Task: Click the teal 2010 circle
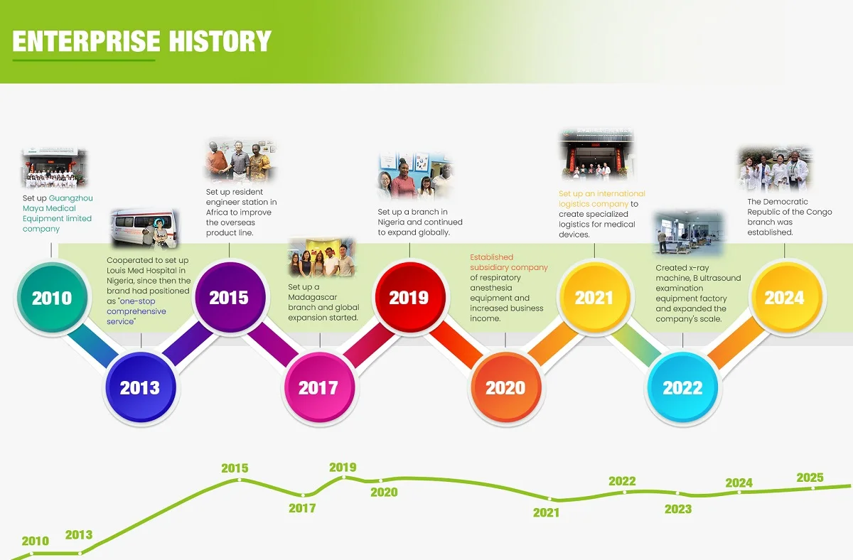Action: point(52,297)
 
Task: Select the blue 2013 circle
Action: point(141,387)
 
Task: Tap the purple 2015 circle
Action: point(230,297)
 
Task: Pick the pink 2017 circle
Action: point(319,387)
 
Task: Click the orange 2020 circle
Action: point(506,387)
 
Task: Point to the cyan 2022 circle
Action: point(683,387)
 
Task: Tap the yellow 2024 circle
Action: point(786,297)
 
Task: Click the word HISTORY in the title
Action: point(220,41)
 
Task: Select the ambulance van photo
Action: point(145,229)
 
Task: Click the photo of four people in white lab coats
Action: point(774,169)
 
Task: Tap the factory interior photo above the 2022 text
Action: point(689,233)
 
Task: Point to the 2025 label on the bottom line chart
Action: point(810,478)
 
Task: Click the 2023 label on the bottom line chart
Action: point(678,509)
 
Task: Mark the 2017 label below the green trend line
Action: point(302,508)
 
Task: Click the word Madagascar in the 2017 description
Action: point(313,297)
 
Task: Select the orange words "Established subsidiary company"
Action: point(509,262)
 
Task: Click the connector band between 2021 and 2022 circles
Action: point(638,344)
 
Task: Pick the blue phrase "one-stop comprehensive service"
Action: point(136,311)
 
